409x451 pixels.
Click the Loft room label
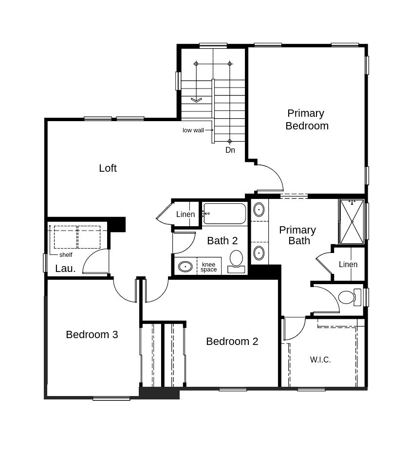pos(108,168)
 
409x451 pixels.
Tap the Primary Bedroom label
pos(307,119)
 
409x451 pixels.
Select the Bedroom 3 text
pos(92,335)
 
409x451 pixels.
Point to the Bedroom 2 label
pos(232,342)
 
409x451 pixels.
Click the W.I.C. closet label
pos(320,360)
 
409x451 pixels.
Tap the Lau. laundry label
pos(65,269)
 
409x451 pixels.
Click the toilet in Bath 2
pos(236,261)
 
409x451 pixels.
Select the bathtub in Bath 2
pos(224,214)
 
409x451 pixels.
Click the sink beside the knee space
pos(185,267)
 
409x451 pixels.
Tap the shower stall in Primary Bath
pos(352,221)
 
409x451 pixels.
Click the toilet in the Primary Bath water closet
pos(350,297)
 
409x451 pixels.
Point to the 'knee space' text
pos(209,267)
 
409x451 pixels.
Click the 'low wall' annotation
pos(193,130)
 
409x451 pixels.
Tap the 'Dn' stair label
pos(230,150)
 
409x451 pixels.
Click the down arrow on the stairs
pos(196,100)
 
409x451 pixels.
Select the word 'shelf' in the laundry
pos(66,255)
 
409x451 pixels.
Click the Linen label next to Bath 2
pos(186,214)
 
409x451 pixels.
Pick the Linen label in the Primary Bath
pos(348,264)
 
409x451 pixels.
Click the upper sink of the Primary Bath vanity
pos(259,210)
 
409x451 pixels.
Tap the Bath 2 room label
pos(223,241)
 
